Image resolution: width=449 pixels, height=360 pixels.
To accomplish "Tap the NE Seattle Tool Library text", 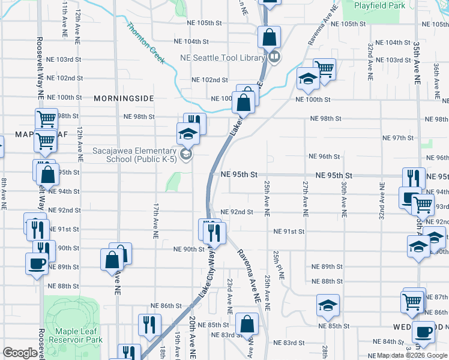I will pyautogui.click(x=223, y=58).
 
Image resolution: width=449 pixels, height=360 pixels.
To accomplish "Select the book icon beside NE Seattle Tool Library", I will pyautogui.click(x=274, y=58).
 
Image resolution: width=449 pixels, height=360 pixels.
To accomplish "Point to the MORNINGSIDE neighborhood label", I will pyautogui.click(x=124, y=98).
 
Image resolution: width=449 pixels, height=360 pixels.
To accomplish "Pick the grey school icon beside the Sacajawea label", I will pyautogui.click(x=187, y=155).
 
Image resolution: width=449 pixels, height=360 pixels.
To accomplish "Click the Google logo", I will pyautogui.click(x=20, y=353).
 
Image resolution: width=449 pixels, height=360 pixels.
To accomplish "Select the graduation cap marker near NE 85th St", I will pyautogui.click(x=328, y=306).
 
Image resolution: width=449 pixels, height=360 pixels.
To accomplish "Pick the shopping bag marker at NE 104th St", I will pyautogui.click(x=270, y=37).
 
